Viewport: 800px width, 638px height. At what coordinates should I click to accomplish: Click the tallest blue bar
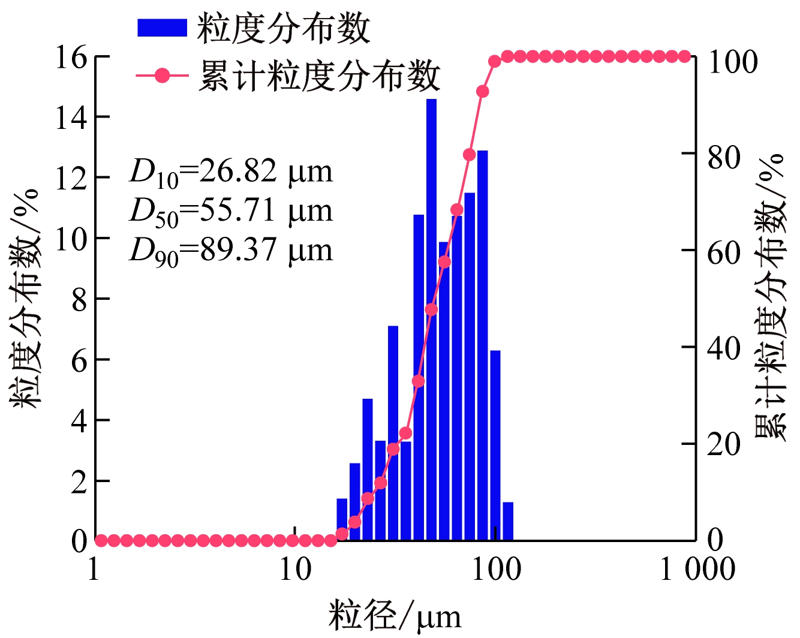(431, 318)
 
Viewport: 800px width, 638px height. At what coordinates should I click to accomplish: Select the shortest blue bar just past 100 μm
(508, 521)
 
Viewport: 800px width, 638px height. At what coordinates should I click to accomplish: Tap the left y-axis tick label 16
(70, 58)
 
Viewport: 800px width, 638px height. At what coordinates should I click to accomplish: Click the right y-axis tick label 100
(732, 62)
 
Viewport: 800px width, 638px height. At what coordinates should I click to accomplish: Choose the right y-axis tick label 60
(724, 252)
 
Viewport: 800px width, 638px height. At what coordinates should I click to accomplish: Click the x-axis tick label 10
(295, 569)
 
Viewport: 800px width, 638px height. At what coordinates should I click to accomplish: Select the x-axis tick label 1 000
(697, 569)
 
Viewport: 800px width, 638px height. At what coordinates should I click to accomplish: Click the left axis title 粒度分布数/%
(26, 300)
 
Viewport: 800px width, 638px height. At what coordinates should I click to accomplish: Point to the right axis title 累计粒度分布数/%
(771, 297)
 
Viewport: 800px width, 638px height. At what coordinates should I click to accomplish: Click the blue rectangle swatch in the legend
(162, 28)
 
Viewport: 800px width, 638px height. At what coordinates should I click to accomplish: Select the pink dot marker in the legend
(162, 76)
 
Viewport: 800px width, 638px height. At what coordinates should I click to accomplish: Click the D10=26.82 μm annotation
(230, 172)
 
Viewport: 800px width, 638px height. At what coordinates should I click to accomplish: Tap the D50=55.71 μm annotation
(230, 212)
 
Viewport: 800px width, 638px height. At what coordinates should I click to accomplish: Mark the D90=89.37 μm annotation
(230, 251)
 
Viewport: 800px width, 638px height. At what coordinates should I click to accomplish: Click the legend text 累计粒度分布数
(319, 77)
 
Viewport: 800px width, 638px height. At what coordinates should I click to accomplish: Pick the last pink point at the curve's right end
(685, 57)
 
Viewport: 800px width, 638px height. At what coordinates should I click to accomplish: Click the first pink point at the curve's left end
(101, 541)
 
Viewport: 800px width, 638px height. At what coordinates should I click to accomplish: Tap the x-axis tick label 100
(496, 569)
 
